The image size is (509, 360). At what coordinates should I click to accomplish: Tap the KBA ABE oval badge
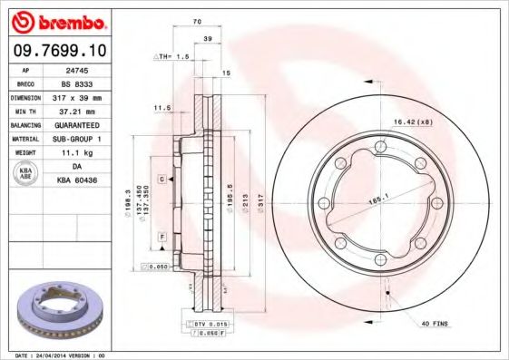(x=24, y=174)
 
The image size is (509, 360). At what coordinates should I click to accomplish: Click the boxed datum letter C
(x=161, y=180)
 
